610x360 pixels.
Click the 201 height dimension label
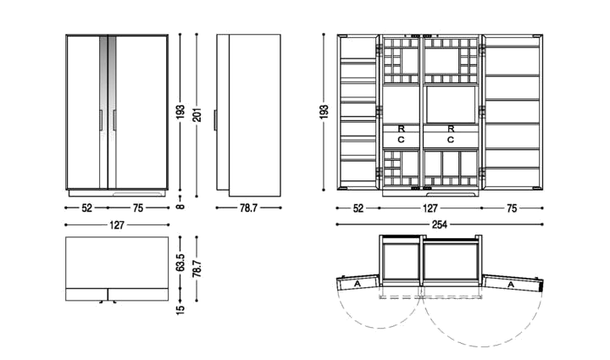click(x=197, y=114)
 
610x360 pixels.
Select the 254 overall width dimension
click(x=439, y=224)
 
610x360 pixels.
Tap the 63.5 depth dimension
click(x=180, y=263)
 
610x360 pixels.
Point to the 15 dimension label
click(x=180, y=309)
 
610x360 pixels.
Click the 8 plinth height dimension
click(x=180, y=207)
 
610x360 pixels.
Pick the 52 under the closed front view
click(x=86, y=208)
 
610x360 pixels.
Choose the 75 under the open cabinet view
click(x=512, y=208)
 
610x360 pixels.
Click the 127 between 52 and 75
click(x=430, y=208)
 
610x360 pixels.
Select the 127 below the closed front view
click(x=117, y=224)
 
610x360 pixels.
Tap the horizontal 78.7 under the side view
click(x=248, y=208)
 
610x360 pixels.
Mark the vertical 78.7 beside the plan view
click(x=197, y=269)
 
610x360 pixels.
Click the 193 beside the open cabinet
click(x=324, y=112)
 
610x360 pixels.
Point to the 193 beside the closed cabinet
click(x=180, y=112)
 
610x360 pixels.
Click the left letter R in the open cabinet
click(x=401, y=129)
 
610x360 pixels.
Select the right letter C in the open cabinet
click(x=451, y=140)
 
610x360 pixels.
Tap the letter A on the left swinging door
click(x=358, y=285)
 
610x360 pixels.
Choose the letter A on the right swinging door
click(x=511, y=285)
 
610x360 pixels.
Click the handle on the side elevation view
click(x=214, y=120)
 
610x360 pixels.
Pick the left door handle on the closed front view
click(x=101, y=120)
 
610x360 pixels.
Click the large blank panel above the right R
click(x=451, y=104)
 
